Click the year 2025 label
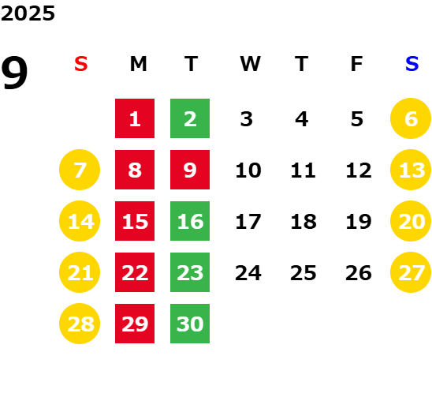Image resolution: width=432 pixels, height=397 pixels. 28,13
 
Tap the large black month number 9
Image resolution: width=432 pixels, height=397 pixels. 14,73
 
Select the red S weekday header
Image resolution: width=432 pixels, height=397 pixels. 81,64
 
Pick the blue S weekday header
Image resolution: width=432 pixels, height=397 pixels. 412,64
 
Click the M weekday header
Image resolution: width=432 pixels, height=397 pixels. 138,64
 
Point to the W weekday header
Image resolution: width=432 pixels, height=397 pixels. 250,64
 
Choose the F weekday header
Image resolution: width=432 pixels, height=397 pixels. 357,64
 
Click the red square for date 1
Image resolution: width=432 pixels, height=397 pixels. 135,118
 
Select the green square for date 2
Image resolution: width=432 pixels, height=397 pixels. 190,118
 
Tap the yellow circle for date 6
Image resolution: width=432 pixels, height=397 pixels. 411,118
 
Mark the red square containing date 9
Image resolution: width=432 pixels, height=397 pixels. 190,170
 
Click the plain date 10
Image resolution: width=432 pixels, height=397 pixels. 248,170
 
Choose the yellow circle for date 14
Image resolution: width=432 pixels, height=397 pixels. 80,221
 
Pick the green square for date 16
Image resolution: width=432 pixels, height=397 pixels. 190,221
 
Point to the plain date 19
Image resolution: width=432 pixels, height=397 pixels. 359,221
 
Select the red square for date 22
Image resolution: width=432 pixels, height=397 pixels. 135,272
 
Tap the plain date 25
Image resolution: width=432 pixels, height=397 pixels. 304,273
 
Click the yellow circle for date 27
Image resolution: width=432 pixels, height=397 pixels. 411,272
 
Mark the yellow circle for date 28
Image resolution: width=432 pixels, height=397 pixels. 80,324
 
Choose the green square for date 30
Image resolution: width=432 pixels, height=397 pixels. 190,324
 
